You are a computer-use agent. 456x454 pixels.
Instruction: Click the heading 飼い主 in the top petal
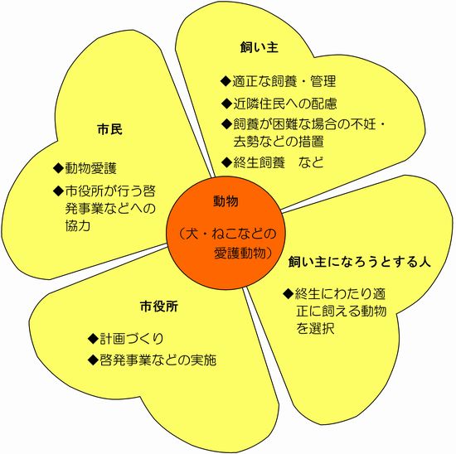point(260,47)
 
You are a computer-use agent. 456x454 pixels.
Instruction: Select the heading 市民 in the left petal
point(110,129)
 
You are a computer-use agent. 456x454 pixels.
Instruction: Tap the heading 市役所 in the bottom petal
point(159,307)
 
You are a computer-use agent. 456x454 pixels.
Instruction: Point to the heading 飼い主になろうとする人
point(360,262)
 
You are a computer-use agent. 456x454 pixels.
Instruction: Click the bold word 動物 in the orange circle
point(226,201)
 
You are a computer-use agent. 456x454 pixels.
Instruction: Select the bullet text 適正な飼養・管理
point(284,81)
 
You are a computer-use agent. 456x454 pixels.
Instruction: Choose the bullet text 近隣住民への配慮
point(285,104)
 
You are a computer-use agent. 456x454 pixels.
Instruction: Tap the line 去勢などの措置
point(279,142)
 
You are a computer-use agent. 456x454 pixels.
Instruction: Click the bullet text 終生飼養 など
point(279,162)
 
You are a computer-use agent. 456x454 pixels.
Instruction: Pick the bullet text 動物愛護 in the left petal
point(90,168)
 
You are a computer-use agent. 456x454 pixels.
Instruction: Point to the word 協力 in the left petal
point(78,225)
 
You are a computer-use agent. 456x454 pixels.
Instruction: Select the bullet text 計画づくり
point(132,339)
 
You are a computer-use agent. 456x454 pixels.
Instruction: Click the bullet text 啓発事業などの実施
point(158,360)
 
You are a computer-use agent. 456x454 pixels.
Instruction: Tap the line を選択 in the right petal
point(315,328)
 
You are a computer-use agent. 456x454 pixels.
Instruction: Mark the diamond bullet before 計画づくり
point(93,339)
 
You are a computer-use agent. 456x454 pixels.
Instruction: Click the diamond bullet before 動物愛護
point(59,168)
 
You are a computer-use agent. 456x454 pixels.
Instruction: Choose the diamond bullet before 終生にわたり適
point(289,294)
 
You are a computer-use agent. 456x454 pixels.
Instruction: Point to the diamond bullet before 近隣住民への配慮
point(226,104)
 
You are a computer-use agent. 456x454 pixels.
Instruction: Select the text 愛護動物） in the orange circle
point(243,253)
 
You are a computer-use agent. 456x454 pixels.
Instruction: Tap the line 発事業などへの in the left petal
point(110,209)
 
